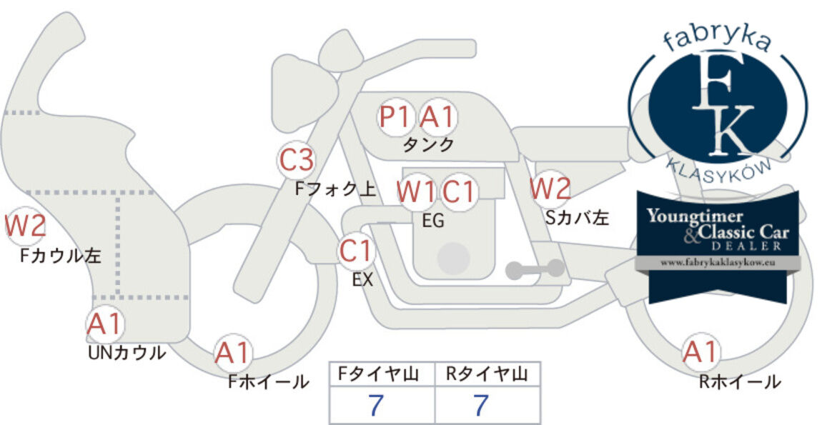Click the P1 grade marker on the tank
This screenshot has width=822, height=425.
tap(395, 117)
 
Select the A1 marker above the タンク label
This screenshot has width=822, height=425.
tap(437, 117)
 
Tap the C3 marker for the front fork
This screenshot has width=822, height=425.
tap(297, 160)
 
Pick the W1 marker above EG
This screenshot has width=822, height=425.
tap(416, 192)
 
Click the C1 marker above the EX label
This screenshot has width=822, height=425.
tap(356, 251)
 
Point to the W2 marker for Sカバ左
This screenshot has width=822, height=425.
tap(550, 189)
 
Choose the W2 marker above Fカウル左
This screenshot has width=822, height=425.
tap(24, 226)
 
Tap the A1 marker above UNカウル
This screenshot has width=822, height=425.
tap(105, 324)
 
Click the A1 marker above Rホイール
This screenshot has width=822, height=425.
tap(700, 351)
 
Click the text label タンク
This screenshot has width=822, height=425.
tap(428, 144)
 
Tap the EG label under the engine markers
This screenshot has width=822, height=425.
tap(433, 221)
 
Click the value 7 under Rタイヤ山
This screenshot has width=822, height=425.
tap(481, 405)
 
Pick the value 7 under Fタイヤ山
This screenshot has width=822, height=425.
tap(375, 405)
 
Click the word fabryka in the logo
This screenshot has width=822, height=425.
tap(717, 39)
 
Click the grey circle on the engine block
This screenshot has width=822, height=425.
tap(453, 259)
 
